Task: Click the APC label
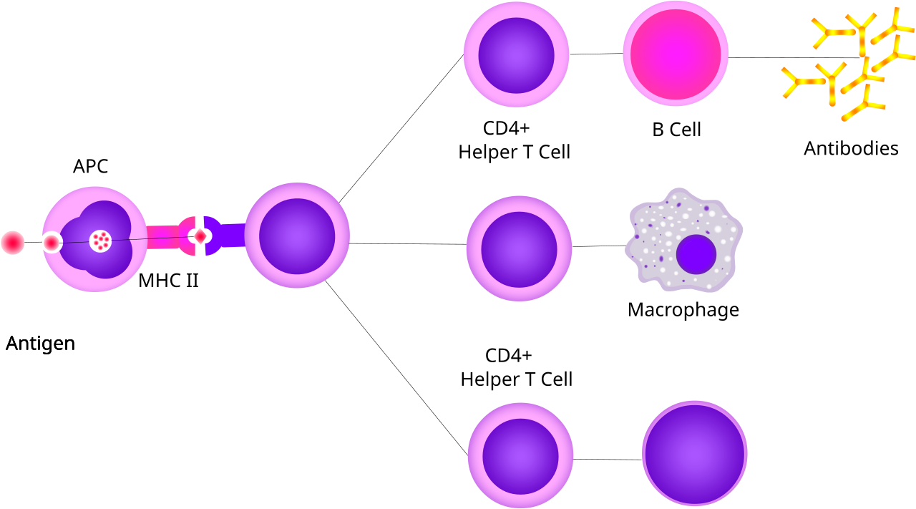click(90, 166)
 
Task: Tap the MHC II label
click(168, 281)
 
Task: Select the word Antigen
click(41, 344)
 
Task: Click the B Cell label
click(676, 130)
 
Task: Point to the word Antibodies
click(851, 148)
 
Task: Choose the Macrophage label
click(683, 310)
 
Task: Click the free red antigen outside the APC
click(13, 243)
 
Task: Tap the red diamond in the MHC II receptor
click(200, 236)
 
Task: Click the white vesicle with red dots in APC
click(101, 241)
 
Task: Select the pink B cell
click(676, 54)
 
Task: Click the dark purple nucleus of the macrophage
click(696, 254)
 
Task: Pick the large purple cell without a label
click(695, 453)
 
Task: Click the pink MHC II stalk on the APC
click(162, 237)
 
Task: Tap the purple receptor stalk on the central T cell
click(233, 236)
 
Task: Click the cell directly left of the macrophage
click(520, 248)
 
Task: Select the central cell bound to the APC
click(297, 236)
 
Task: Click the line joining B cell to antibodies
click(794, 58)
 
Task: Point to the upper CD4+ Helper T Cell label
click(514, 140)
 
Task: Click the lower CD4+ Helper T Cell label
click(516, 367)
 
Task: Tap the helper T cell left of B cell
click(517, 54)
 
